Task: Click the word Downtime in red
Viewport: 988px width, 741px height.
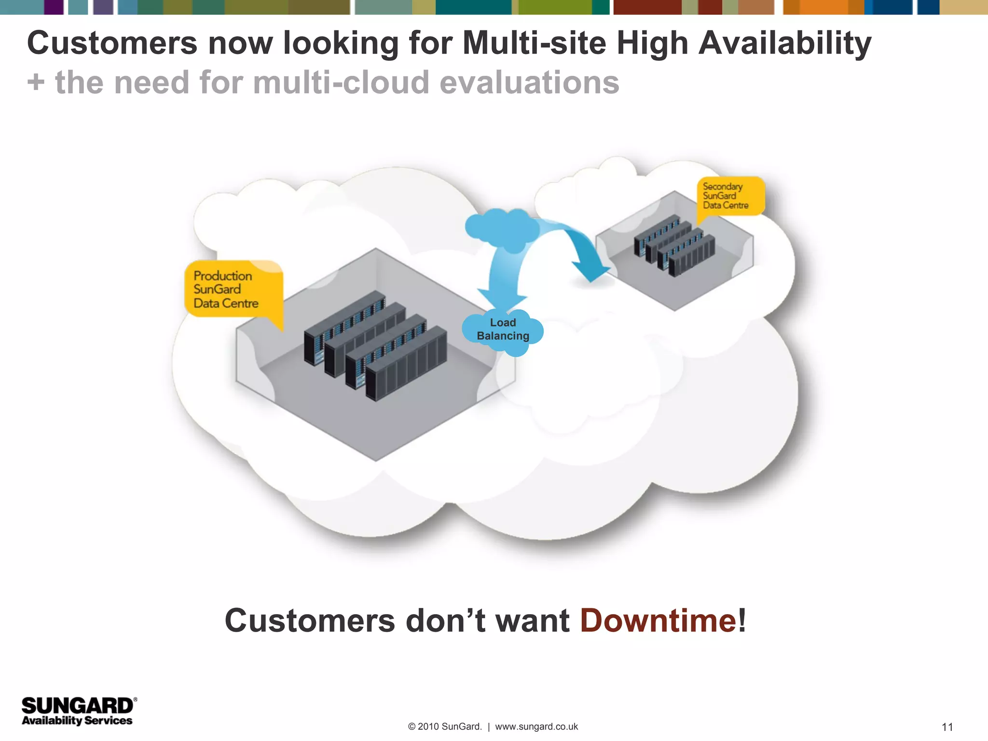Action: click(658, 620)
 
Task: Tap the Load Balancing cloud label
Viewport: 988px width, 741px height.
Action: click(503, 329)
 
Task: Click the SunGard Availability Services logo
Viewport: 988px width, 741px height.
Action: click(78, 711)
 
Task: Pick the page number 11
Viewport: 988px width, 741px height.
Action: click(947, 727)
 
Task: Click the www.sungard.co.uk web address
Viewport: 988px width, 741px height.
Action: click(536, 727)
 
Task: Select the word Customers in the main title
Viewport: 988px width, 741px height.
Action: click(112, 43)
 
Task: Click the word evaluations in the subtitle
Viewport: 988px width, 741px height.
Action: click(529, 82)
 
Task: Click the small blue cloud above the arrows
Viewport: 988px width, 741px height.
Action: click(502, 228)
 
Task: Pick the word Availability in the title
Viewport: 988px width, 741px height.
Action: click(784, 43)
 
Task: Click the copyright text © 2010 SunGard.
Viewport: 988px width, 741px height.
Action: click(444, 727)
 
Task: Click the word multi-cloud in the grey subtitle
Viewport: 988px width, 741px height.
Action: click(341, 82)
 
